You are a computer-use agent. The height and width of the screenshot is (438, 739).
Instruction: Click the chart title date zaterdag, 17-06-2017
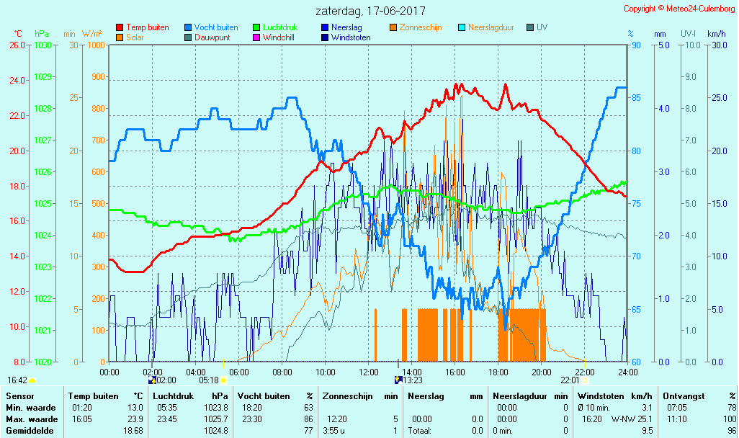click(370, 12)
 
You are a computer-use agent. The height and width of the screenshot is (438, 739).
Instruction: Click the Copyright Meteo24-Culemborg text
click(679, 9)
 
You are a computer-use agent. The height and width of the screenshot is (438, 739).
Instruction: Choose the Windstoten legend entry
click(351, 37)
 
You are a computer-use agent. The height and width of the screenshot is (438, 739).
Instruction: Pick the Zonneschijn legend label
click(420, 27)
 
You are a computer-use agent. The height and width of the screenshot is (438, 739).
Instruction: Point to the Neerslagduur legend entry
click(491, 27)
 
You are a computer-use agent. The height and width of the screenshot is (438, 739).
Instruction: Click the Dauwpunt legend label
click(212, 37)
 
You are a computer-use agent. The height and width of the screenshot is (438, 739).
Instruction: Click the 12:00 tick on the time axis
click(368, 372)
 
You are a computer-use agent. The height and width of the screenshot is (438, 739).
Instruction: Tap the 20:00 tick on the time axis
click(541, 372)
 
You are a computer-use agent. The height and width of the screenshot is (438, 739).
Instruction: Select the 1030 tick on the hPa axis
click(43, 45)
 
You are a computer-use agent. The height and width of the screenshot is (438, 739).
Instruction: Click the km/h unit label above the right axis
click(716, 34)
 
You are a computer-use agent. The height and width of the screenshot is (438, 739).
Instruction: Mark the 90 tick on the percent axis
click(636, 45)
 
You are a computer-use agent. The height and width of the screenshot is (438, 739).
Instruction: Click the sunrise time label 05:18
click(208, 380)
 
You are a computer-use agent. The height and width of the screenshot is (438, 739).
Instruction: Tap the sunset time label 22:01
click(569, 380)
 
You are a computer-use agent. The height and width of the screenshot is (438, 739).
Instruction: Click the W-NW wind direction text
click(622, 419)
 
